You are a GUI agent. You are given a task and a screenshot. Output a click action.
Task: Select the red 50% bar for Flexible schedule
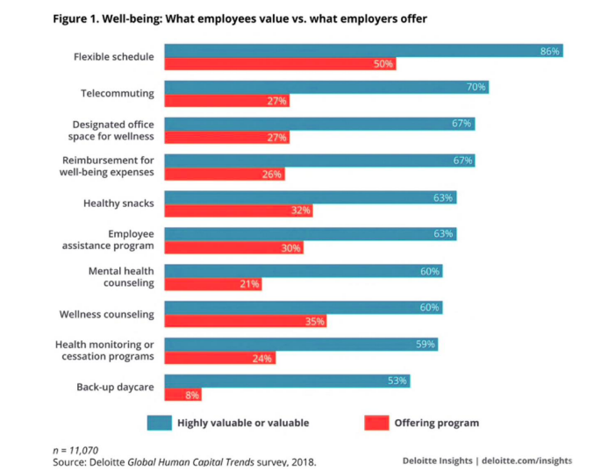click(x=281, y=64)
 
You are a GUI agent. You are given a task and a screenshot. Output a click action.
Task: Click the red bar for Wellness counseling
click(x=246, y=321)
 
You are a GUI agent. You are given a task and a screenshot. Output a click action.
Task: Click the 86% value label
click(x=550, y=52)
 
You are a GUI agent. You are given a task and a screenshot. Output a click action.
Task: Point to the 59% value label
click(x=426, y=345)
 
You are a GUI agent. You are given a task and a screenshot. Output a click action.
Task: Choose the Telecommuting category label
click(x=118, y=93)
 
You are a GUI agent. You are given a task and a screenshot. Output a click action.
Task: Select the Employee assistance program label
click(x=117, y=240)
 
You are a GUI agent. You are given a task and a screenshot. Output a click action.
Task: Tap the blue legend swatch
click(x=159, y=423)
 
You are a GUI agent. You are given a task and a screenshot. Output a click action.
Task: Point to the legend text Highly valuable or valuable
click(x=243, y=423)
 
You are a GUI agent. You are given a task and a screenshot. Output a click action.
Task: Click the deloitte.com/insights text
click(x=527, y=460)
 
